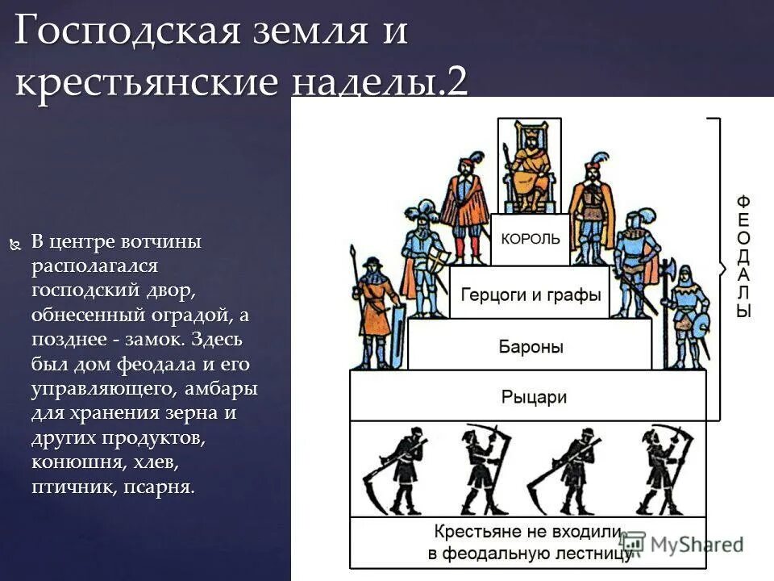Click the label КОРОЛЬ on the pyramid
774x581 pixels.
click(530, 240)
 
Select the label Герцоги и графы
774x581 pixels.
click(531, 295)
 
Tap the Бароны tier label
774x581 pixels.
click(531, 347)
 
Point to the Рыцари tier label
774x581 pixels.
click(534, 397)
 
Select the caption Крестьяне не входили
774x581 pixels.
click(527, 533)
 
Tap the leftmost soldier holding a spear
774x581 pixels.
click(372, 311)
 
